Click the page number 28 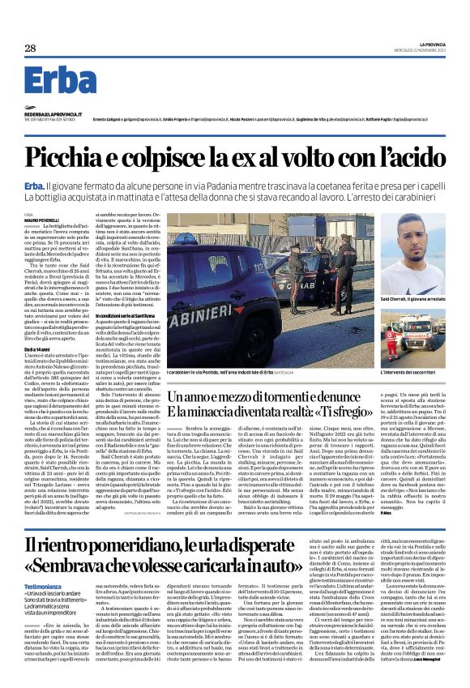[x=30, y=49]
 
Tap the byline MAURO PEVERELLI [x=41, y=221]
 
